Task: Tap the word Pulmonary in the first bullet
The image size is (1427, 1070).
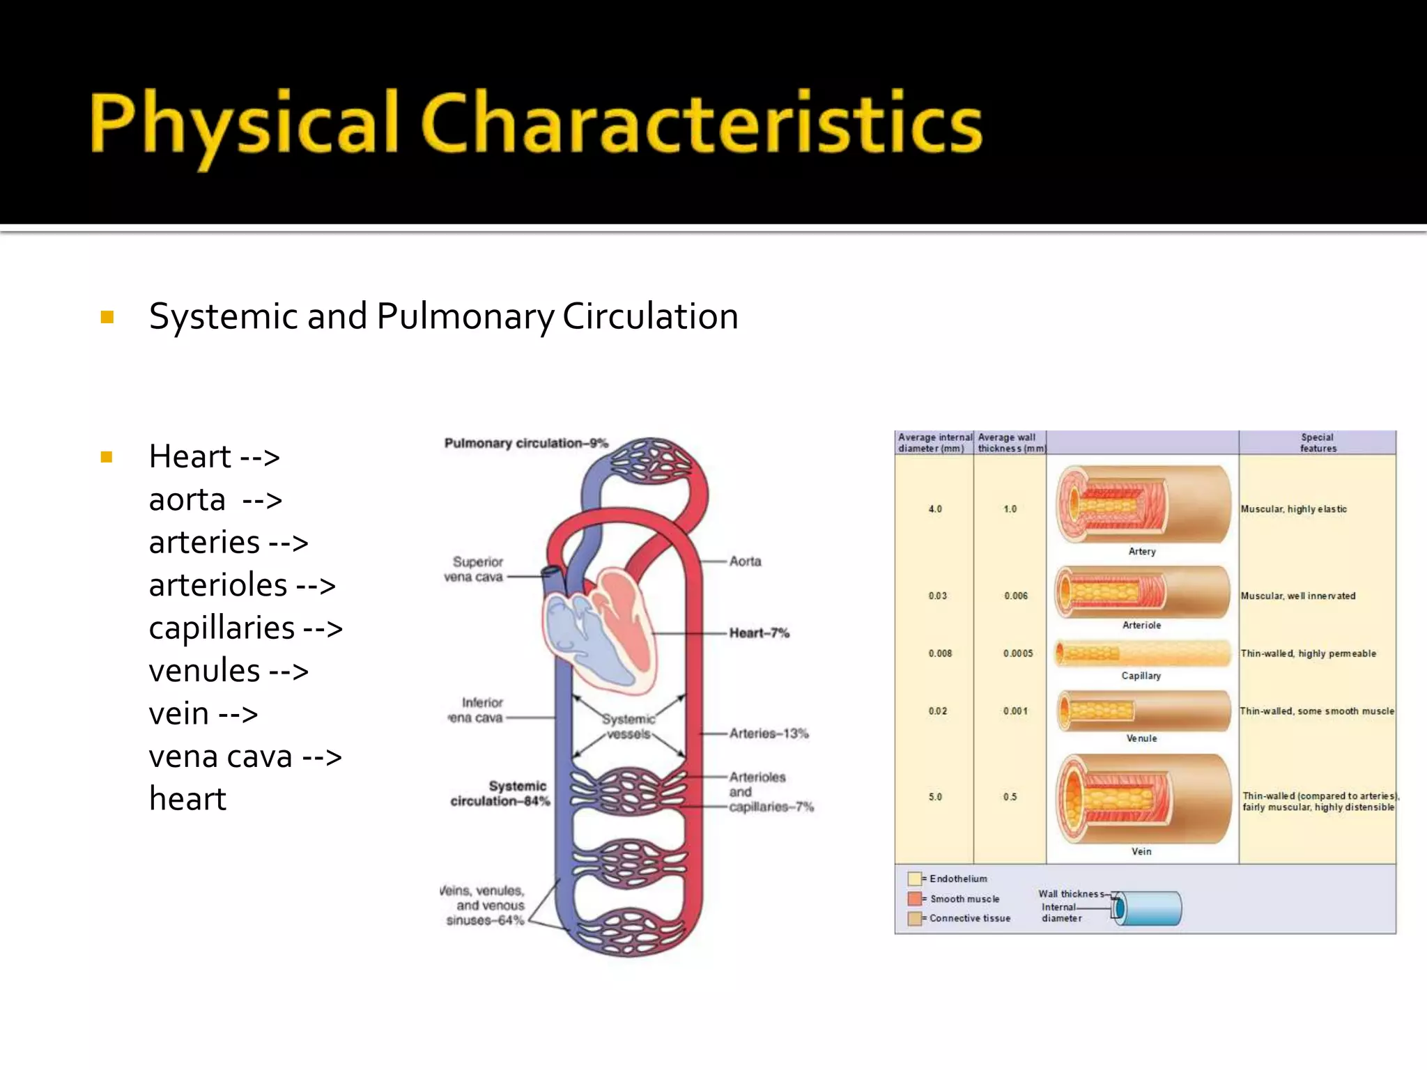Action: point(465,316)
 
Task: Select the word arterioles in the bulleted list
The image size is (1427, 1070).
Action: point(218,585)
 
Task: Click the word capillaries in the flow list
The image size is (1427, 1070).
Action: point(222,628)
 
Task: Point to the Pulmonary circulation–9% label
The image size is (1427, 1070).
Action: point(526,443)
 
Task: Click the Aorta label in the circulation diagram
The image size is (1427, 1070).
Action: point(745,561)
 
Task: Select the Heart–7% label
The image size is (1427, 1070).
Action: point(759,633)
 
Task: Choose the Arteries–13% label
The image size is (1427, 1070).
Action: point(769,734)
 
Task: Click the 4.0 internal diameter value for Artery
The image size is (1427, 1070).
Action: point(934,509)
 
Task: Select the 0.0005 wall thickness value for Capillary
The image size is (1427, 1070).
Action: point(1017,653)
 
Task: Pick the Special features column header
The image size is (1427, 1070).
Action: point(1317,443)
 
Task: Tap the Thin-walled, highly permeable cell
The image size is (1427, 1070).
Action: point(1308,653)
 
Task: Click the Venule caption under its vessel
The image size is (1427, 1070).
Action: point(1141,738)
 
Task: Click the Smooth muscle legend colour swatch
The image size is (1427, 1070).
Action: point(914,899)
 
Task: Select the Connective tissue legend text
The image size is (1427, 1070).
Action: point(969,918)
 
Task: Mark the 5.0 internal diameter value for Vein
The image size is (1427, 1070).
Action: point(934,797)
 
